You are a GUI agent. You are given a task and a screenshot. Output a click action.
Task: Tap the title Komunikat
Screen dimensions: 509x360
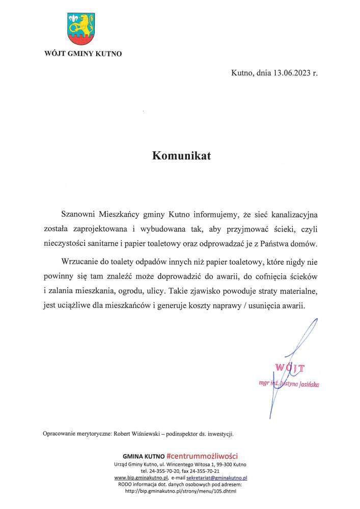pyautogui.click(x=181, y=156)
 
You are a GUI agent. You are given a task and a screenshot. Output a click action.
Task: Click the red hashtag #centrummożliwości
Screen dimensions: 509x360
pyautogui.click(x=202, y=456)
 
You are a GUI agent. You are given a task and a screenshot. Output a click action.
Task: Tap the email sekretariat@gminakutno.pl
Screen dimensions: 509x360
pyautogui.click(x=216, y=478)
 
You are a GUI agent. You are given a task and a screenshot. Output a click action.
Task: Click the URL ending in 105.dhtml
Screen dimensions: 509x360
pyautogui.click(x=180, y=491)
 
